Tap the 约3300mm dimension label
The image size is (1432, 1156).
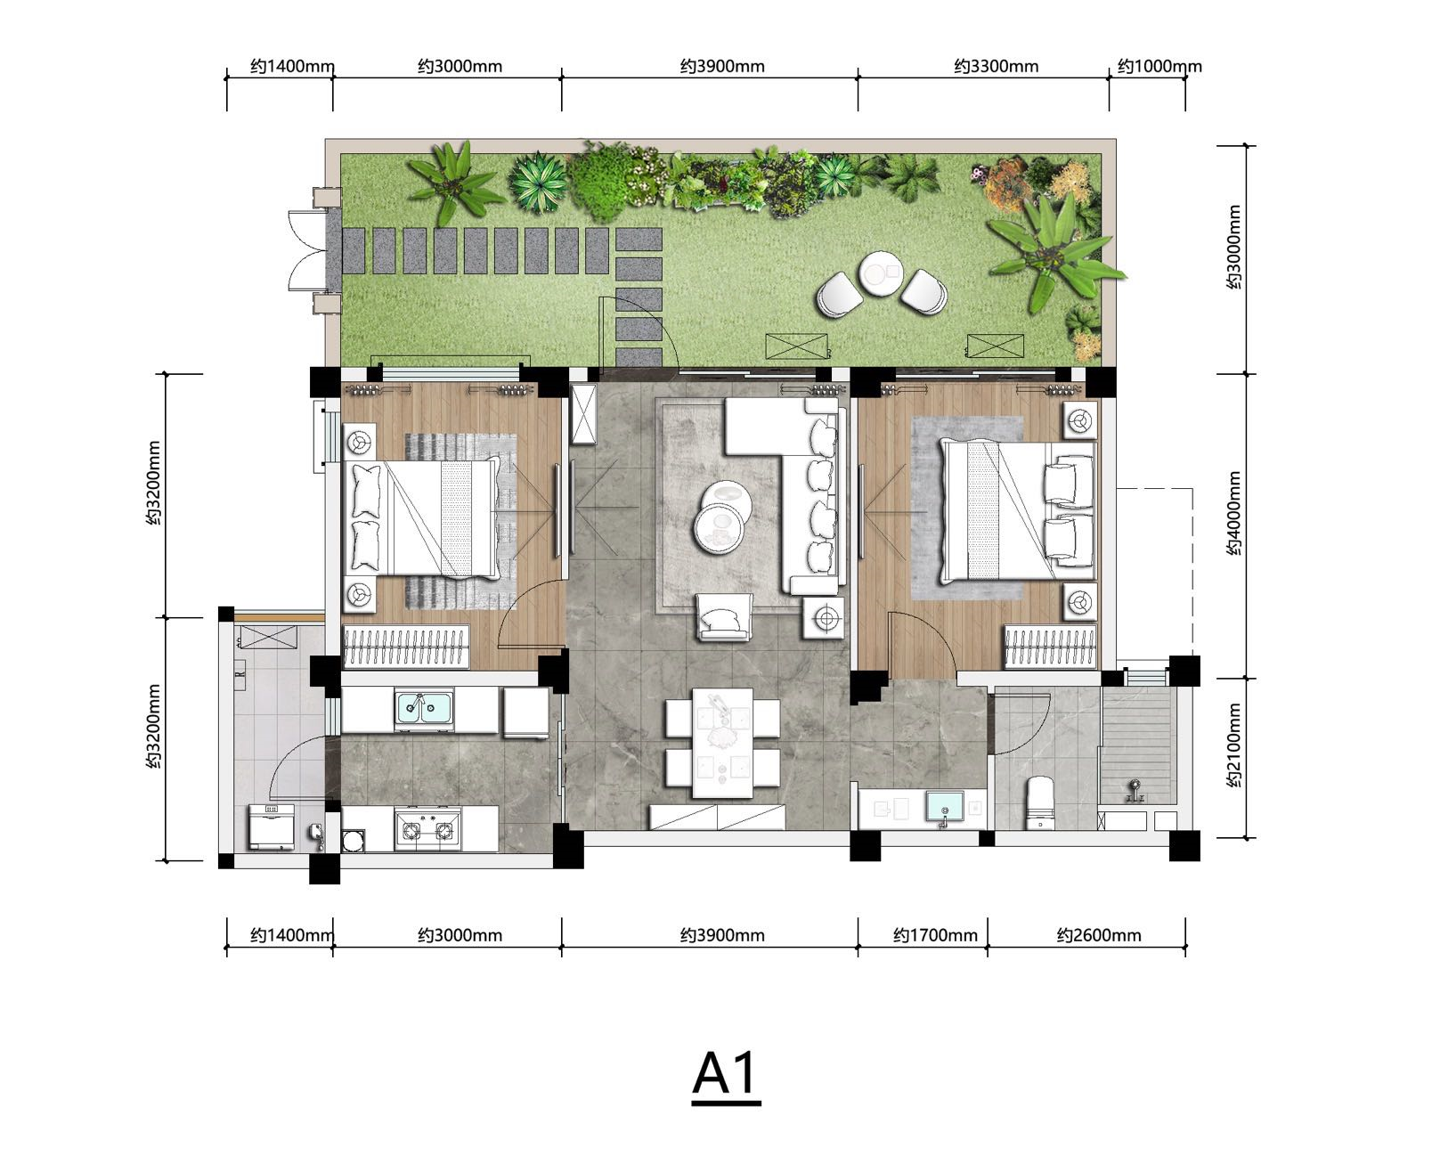(x=996, y=67)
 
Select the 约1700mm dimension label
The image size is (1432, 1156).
(x=935, y=935)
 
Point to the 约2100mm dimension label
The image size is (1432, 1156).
(x=1233, y=745)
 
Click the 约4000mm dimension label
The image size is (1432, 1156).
(x=1233, y=514)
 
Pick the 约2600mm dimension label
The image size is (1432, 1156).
(x=1099, y=935)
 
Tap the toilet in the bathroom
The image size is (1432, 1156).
(x=1040, y=803)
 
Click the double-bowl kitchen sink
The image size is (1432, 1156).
(x=424, y=708)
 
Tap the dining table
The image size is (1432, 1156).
(x=723, y=743)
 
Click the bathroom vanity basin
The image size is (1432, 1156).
(x=945, y=807)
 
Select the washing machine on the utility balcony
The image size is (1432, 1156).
(x=273, y=826)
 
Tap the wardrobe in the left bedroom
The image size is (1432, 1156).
(x=405, y=647)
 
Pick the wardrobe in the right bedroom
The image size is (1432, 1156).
(x=1050, y=647)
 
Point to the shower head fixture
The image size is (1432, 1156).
(x=1135, y=791)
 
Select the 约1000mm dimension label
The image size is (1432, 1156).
(x=1159, y=67)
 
